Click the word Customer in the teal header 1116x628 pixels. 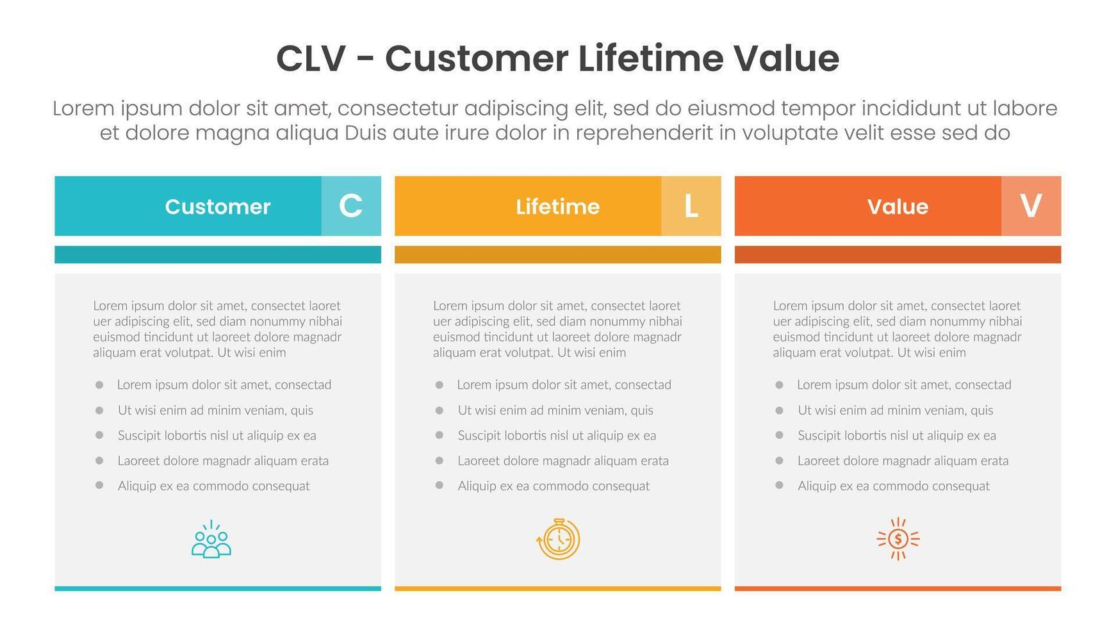(x=218, y=206)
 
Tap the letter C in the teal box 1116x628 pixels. (x=350, y=206)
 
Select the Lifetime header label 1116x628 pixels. (x=557, y=206)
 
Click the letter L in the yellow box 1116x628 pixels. (x=691, y=206)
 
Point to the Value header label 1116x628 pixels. (x=898, y=206)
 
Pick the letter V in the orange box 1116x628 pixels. (x=1031, y=206)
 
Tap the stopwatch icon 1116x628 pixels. (x=558, y=539)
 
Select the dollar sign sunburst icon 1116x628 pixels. (x=898, y=539)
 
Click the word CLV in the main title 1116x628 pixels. (x=311, y=58)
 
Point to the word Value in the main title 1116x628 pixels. (x=786, y=58)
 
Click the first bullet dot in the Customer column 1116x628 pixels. (x=99, y=384)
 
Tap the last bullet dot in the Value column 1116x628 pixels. (x=779, y=485)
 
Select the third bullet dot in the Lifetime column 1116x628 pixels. (x=439, y=434)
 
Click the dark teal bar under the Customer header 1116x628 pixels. (x=218, y=254)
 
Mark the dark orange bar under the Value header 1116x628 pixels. (x=898, y=254)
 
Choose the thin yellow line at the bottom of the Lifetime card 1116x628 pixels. (x=557, y=588)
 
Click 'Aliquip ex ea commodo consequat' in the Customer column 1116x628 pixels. (x=213, y=486)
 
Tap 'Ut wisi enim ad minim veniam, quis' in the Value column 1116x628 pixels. (x=895, y=410)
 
